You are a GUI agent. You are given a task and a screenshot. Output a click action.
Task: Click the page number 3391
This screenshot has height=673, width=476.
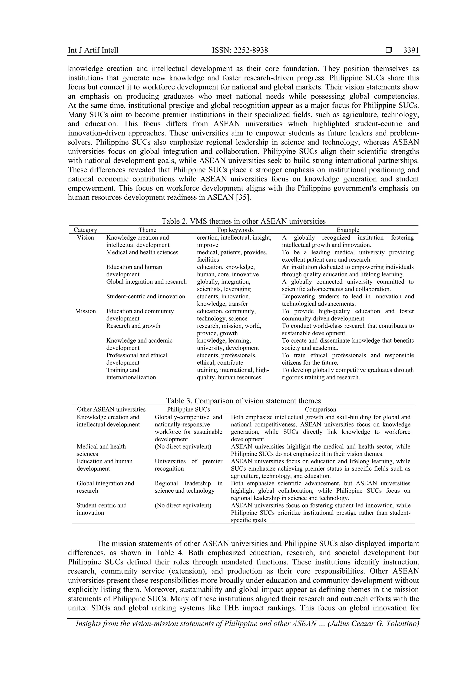point(411,50)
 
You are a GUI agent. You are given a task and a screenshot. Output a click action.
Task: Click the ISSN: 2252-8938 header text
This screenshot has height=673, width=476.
point(240,50)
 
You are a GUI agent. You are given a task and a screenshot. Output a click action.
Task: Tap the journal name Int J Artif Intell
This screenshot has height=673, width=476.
point(93,50)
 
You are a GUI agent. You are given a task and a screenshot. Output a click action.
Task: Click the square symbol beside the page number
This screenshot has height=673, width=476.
point(389,50)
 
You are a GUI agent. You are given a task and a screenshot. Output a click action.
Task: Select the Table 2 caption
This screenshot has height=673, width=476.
point(243,221)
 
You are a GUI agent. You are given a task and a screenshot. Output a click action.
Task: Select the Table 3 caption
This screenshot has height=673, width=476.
point(243,400)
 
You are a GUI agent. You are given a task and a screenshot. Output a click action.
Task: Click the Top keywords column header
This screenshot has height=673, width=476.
point(235,230)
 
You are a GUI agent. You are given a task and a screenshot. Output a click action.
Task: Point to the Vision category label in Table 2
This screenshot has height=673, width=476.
point(85,238)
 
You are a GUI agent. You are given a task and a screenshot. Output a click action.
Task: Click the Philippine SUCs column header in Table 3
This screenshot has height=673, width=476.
point(188,409)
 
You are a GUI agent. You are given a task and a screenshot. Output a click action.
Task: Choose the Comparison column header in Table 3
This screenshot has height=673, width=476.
point(320,409)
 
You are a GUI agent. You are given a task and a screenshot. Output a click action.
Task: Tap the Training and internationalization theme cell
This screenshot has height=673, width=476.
point(131,373)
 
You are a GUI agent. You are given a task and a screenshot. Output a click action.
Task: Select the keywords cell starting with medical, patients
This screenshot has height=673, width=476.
point(232,256)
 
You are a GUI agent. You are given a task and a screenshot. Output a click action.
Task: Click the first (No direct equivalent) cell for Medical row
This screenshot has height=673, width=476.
point(183,446)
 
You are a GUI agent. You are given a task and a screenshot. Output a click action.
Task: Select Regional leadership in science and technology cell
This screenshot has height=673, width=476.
point(188,487)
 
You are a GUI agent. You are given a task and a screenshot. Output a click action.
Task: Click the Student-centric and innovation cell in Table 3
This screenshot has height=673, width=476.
point(101,509)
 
